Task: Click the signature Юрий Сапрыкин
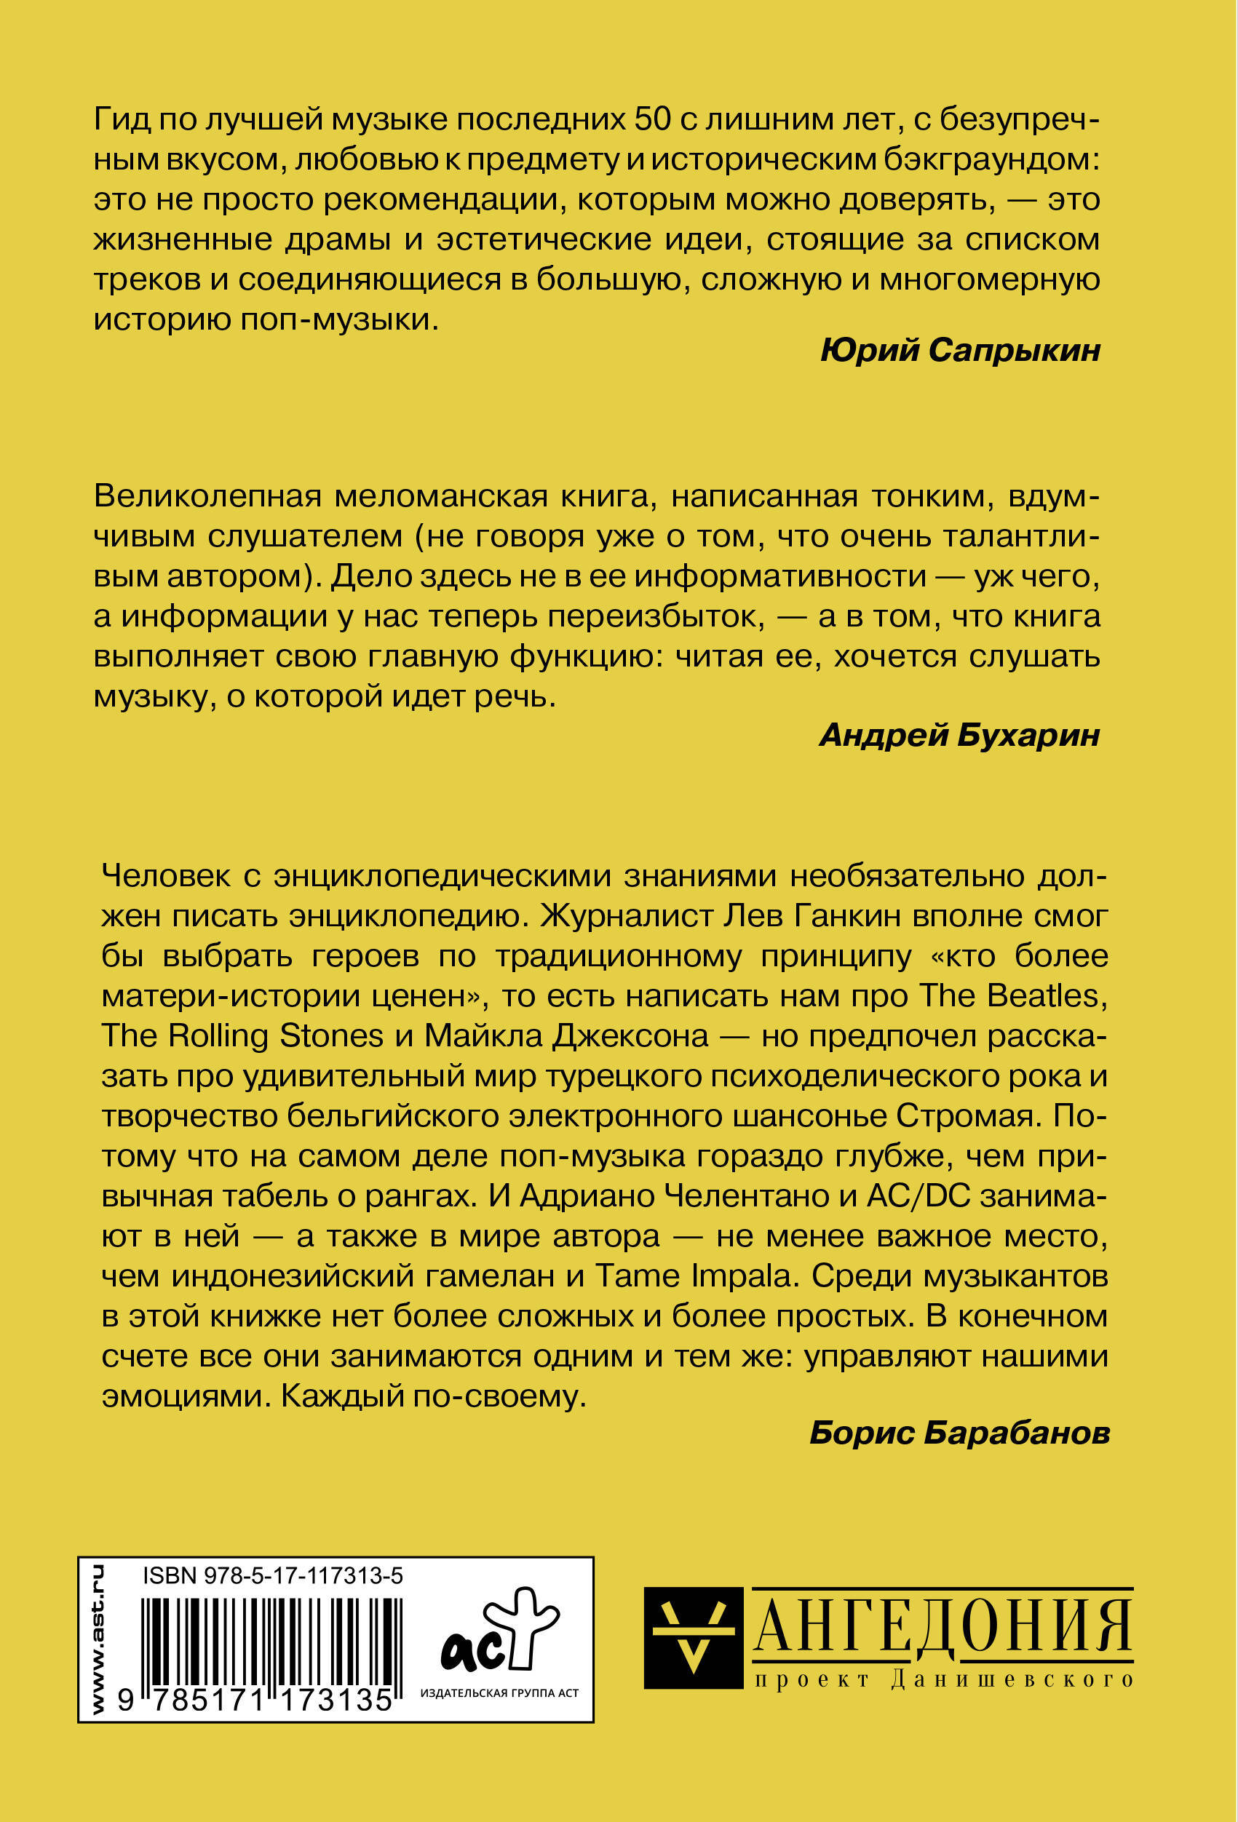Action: coord(960,351)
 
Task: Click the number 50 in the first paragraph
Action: coord(653,120)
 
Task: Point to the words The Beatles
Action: coord(1013,995)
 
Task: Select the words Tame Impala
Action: coord(693,1276)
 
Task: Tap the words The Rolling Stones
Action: coord(242,1035)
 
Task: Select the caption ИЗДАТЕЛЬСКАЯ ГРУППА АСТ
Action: coord(499,1693)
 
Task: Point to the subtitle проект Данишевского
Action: coord(943,1679)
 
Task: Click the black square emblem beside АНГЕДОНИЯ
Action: coord(692,1638)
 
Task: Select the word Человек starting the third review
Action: coord(165,876)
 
